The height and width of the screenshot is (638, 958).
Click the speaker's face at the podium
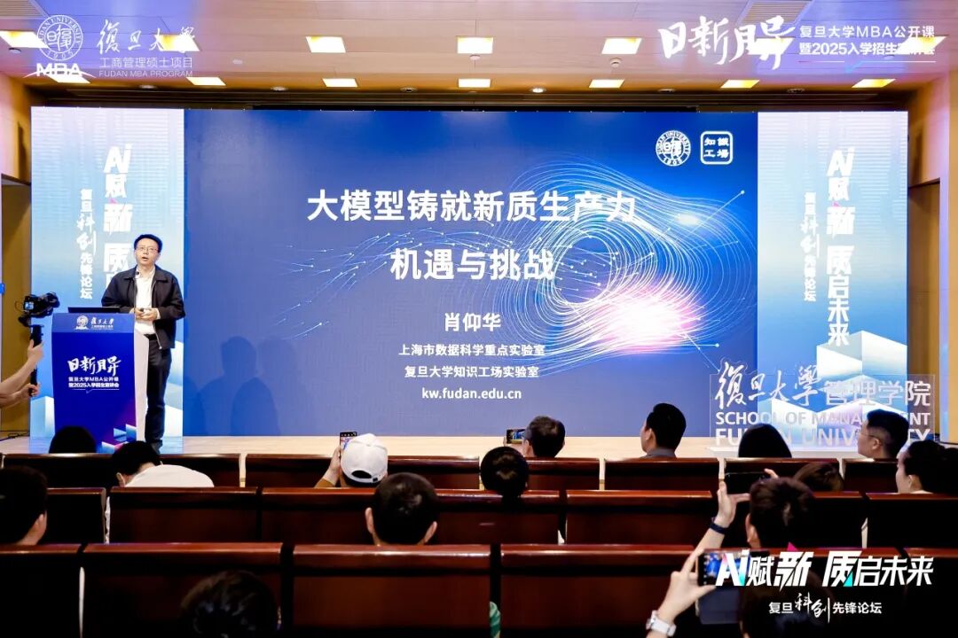[147, 250]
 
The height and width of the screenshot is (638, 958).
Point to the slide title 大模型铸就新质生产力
[472, 206]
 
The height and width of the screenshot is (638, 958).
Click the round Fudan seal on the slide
[673, 148]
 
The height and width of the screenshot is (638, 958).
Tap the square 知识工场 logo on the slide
[716, 146]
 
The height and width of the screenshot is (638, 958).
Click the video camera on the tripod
[39, 307]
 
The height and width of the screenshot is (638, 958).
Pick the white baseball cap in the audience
[364, 457]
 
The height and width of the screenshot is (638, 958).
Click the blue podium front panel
[93, 377]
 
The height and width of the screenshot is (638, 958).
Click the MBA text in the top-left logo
[59, 69]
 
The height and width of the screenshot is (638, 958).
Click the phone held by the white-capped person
[347, 440]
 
